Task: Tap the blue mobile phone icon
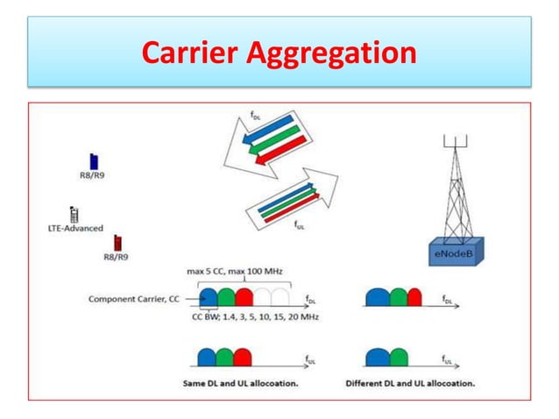coord(94,161)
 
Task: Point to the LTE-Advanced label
coord(76,228)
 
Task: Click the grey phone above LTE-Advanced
coord(74,213)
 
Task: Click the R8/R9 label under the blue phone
coord(93,175)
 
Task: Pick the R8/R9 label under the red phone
coord(117,257)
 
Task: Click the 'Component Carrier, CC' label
coord(133,299)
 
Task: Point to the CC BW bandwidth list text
coord(256,316)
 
